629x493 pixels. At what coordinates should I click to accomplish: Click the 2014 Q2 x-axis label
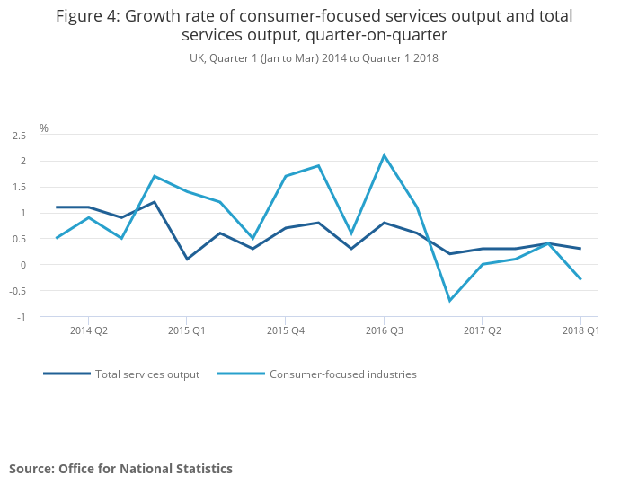click(x=88, y=330)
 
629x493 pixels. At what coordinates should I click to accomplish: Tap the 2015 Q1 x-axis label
click(x=187, y=330)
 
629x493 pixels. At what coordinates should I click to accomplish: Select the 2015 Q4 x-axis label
click(x=285, y=330)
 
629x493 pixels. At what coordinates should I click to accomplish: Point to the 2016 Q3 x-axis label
click(x=384, y=330)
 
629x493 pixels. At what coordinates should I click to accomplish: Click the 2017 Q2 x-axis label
click(x=483, y=330)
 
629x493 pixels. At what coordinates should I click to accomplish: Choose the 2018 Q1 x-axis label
click(x=580, y=330)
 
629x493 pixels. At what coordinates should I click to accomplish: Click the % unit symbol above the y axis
click(x=44, y=128)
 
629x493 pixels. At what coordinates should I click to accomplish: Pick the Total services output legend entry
click(x=147, y=374)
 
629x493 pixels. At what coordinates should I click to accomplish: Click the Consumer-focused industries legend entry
click(x=342, y=374)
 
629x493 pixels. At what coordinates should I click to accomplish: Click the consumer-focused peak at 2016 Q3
click(x=384, y=155)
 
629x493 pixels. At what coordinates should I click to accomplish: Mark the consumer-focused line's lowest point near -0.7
click(x=449, y=301)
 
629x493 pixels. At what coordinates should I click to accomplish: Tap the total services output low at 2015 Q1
click(x=187, y=260)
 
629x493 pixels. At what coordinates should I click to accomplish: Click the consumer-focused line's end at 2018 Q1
click(x=580, y=279)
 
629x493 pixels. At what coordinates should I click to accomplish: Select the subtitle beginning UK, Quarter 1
click(x=314, y=58)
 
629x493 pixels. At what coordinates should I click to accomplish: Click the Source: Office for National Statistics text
click(x=120, y=469)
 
